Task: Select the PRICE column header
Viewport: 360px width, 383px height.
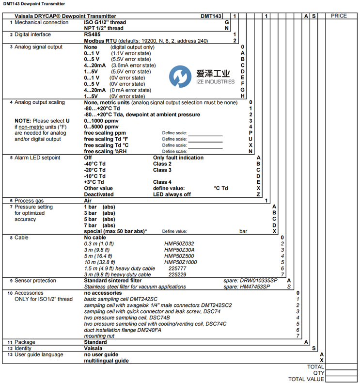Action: (x=339, y=16)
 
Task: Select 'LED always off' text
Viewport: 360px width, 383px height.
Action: (x=172, y=194)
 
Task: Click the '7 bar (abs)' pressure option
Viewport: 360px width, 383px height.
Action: (x=99, y=225)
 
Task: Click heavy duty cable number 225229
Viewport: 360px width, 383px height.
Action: (x=177, y=274)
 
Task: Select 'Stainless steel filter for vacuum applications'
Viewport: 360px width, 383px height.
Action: (x=135, y=287)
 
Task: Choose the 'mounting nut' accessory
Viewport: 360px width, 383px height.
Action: (x=99, y=336)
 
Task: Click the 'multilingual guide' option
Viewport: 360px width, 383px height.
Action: (x=106, y=361)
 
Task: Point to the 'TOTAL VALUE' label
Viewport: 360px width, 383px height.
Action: (x=306, y=380)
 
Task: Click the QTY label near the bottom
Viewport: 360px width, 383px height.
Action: (x=318, y=373)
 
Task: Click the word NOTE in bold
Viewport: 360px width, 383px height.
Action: (x=22, y=121)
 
